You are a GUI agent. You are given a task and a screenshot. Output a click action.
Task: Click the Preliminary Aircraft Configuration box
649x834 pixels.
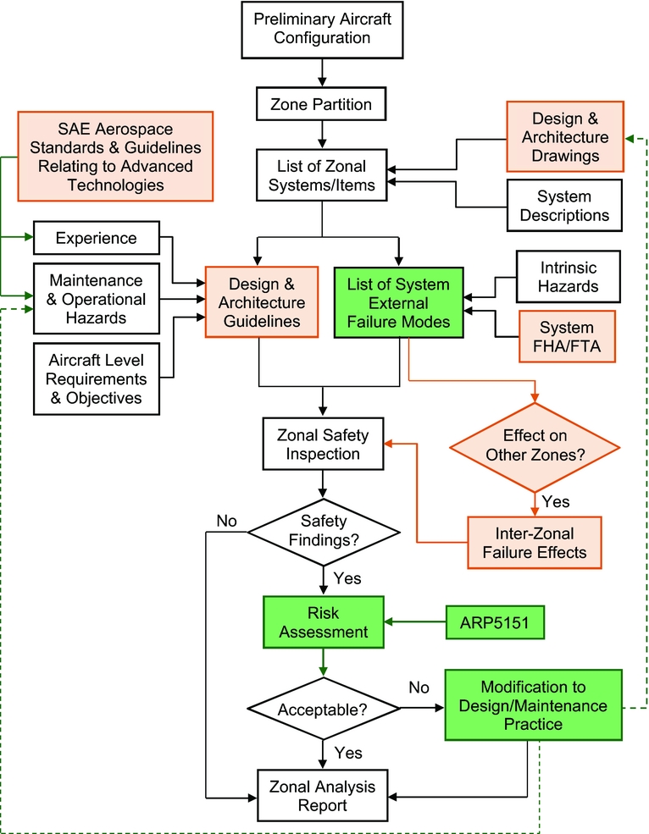click(x=322, y=28)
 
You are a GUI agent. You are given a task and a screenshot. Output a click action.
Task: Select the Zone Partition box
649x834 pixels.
click(x=321, y=105)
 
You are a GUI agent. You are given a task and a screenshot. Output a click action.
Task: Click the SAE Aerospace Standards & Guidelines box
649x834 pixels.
click(x=114, y=156)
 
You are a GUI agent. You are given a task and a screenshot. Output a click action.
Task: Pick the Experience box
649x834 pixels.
click(x=96, y=239)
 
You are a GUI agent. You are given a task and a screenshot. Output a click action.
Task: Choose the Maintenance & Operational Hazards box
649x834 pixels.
click(x=97, y=299)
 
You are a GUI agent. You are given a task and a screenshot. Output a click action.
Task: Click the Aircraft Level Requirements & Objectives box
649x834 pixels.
click(x=97, y=378)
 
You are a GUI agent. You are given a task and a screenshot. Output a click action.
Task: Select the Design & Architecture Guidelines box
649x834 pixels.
click(x=261, y=302)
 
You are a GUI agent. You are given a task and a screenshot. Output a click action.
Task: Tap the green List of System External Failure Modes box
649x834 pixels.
click(x=398, y=302)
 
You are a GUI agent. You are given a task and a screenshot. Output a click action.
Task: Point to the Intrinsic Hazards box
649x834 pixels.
click(x=569, y=278)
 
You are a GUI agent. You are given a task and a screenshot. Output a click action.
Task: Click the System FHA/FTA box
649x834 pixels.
click(x=567, y=337)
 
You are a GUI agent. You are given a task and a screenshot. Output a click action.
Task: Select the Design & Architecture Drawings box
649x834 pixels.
click(x=565, y=137)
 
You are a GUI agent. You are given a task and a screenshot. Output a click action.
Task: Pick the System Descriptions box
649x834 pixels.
click(x=564, y=206)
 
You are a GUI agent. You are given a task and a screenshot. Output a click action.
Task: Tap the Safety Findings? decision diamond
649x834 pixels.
click(x=323, y=532)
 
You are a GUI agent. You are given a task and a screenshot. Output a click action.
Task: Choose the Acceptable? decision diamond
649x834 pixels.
click(x=323, y=708)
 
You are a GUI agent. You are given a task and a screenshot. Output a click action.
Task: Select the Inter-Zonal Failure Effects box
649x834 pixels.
click(x=534, y=543)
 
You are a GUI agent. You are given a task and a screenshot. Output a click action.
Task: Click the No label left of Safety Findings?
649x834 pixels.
click(x=226, y=521)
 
